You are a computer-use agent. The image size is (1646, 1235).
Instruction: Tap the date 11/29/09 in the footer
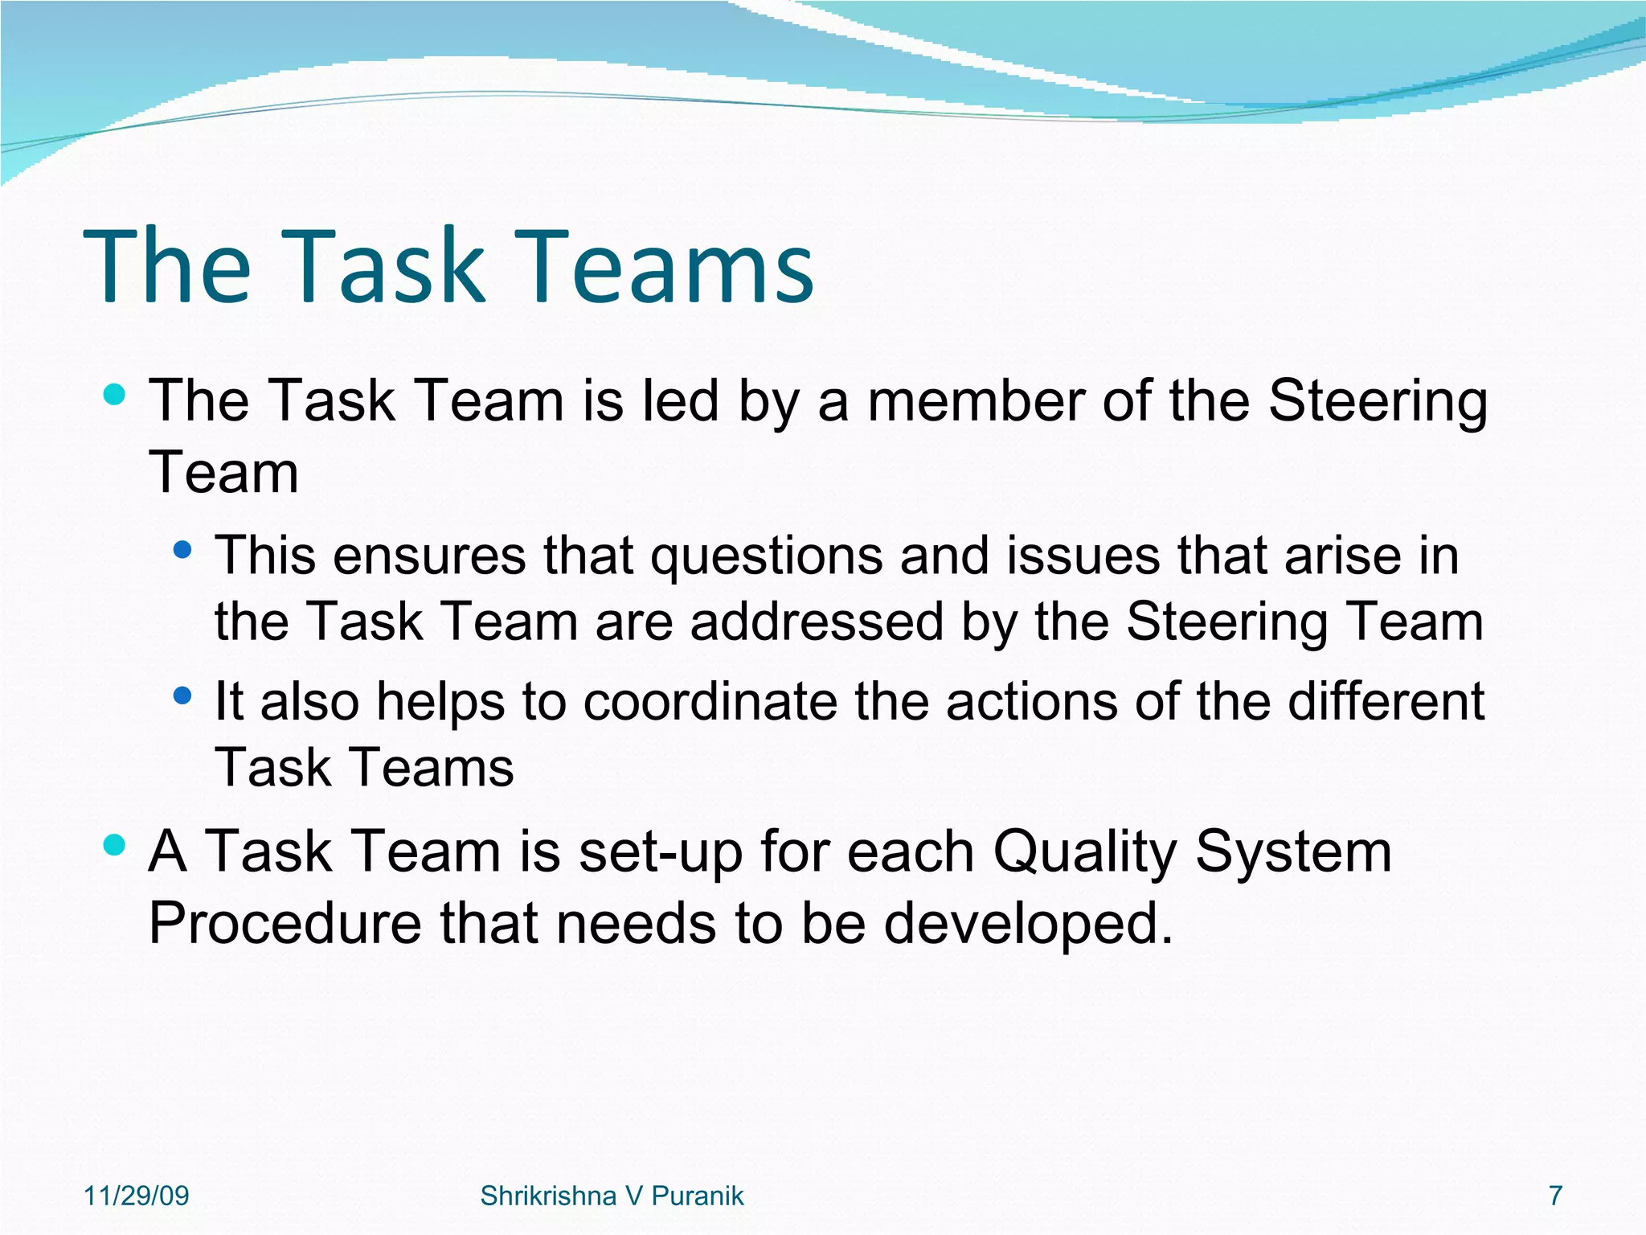(x=136, y=1196)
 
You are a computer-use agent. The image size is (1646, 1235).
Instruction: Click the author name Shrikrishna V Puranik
(x=612, y=1196)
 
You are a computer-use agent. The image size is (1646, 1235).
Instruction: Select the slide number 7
(x=1555, y=1196)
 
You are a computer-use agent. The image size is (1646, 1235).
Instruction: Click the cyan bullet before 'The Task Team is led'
(x=115, y=394)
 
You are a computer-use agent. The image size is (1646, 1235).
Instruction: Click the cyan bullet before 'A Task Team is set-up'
(x=115, y=844)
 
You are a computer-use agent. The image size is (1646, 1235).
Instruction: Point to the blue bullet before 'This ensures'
(x=183, y=550)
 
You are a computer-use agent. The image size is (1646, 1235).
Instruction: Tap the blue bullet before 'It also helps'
(x=183, y=695)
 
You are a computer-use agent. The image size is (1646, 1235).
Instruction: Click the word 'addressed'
(x=817, y=622)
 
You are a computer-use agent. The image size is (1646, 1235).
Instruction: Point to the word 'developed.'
(x=1029, y=925)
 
